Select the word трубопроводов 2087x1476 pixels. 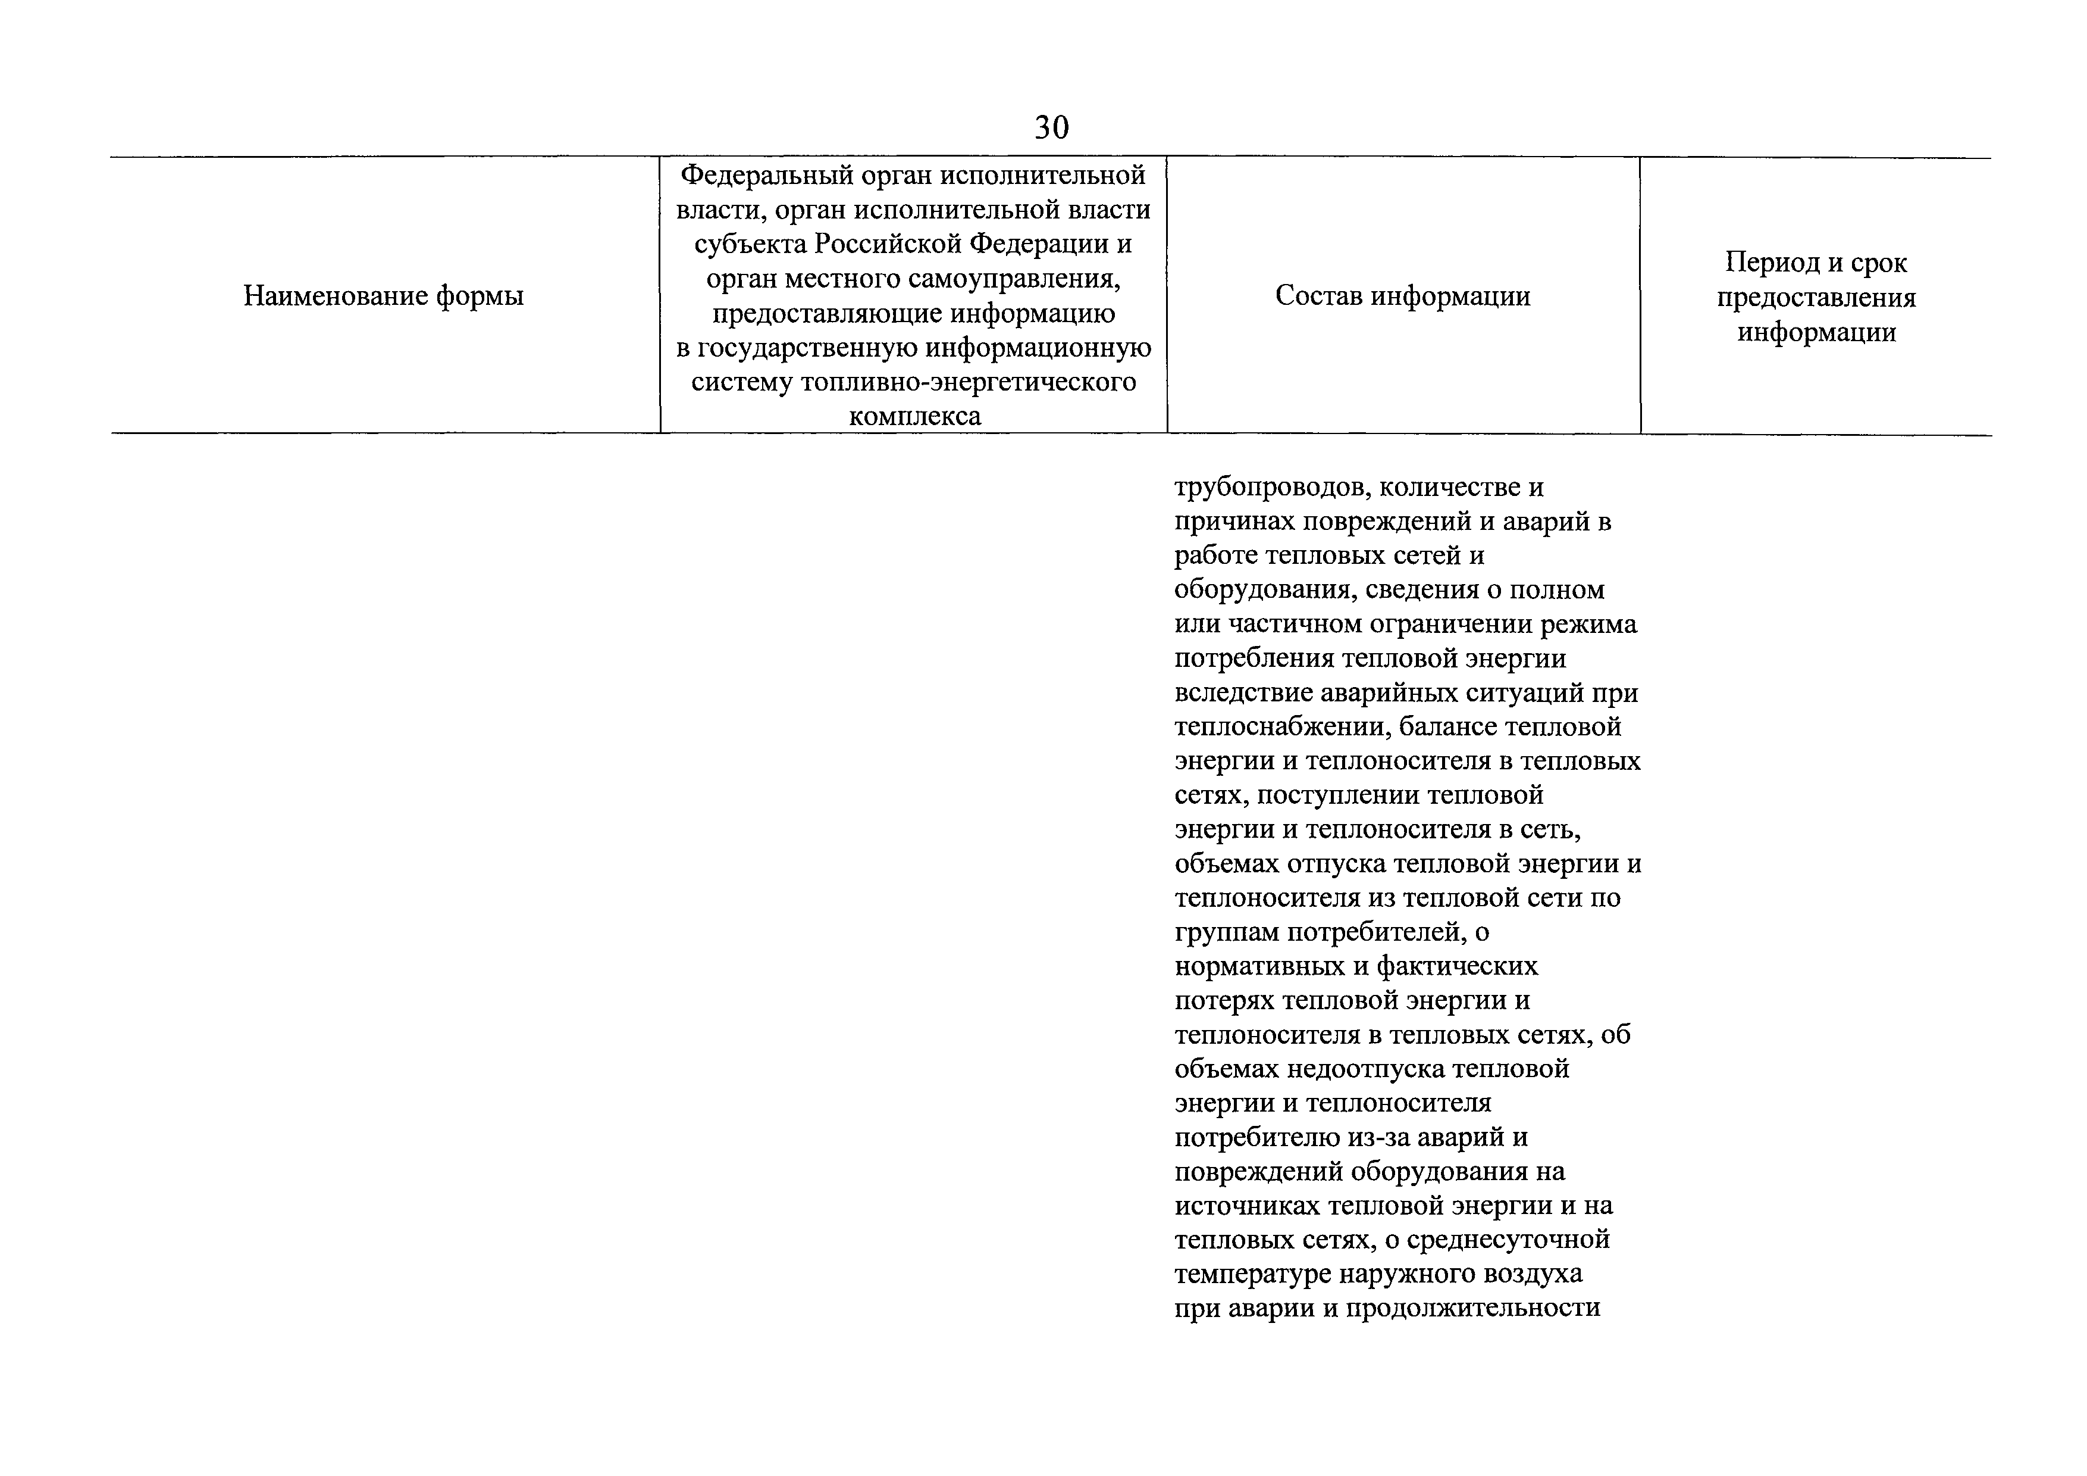(x=1270, y=488)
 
